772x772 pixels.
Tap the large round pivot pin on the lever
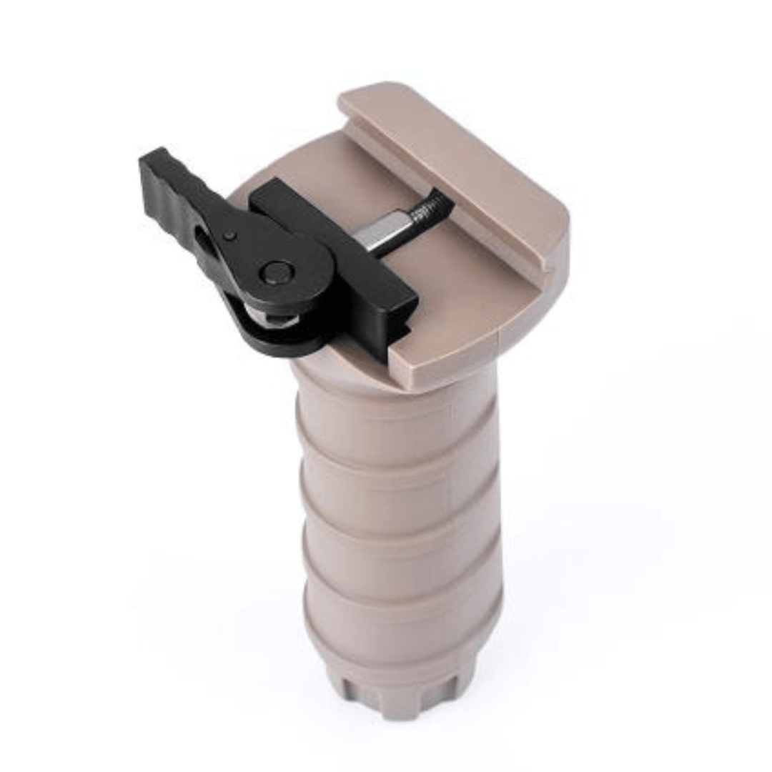pos(277,272)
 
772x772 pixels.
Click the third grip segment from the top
pos(400,558)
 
